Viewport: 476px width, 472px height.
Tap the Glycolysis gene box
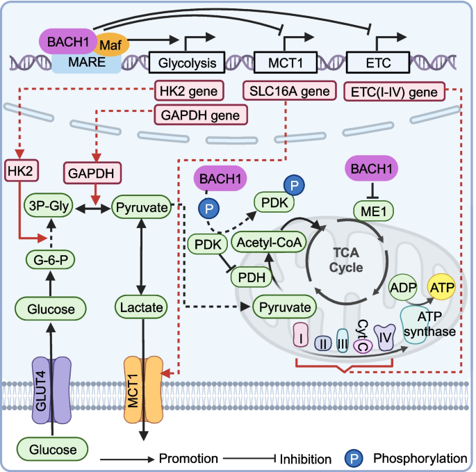[x=188, y=64]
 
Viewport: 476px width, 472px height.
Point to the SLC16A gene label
[x=286, y=90]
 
